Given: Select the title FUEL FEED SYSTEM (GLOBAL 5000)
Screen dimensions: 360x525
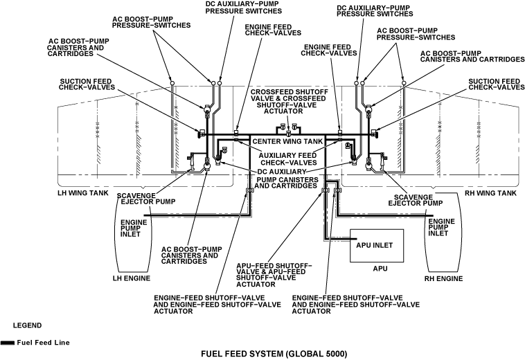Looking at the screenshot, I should coord(273,354).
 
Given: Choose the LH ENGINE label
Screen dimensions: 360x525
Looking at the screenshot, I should coord(131,278).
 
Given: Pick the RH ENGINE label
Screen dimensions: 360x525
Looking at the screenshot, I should coord(443,278).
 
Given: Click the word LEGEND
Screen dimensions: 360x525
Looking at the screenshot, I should coord(27,325).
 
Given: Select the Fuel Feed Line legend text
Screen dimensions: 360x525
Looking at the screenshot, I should coord(43,342).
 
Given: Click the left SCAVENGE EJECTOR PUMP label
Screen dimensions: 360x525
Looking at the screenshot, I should coord(146,199).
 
